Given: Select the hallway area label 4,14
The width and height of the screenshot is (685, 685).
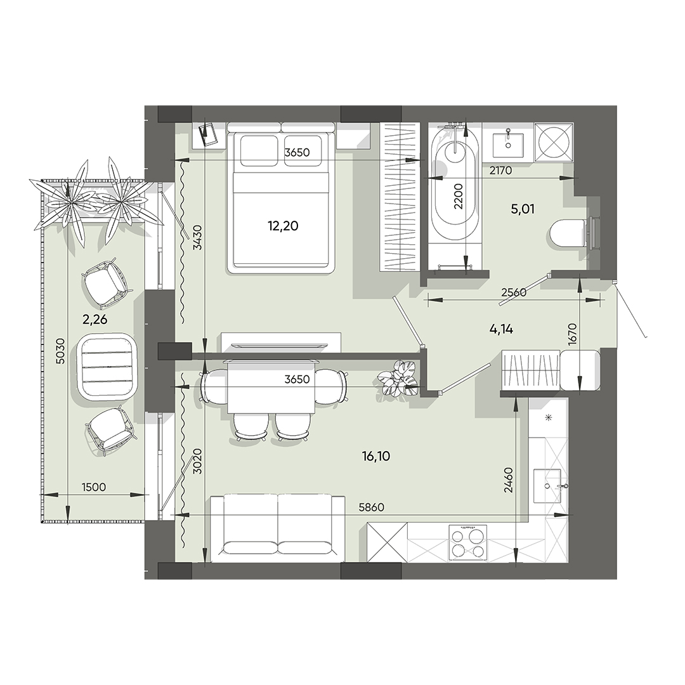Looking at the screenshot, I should tap(501, 329).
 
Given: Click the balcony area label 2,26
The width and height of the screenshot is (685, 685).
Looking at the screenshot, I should tap(95, 319).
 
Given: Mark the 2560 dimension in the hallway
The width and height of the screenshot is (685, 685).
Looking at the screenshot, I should tap(514, 292).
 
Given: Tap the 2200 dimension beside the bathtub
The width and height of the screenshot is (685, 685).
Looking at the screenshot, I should tap(459, 196).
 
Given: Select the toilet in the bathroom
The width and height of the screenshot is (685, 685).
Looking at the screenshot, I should tap(568, 233).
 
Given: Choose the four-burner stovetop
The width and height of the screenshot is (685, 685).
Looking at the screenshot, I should tap(467, 543).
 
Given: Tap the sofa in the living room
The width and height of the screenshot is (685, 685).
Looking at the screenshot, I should tap(278, 528).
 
